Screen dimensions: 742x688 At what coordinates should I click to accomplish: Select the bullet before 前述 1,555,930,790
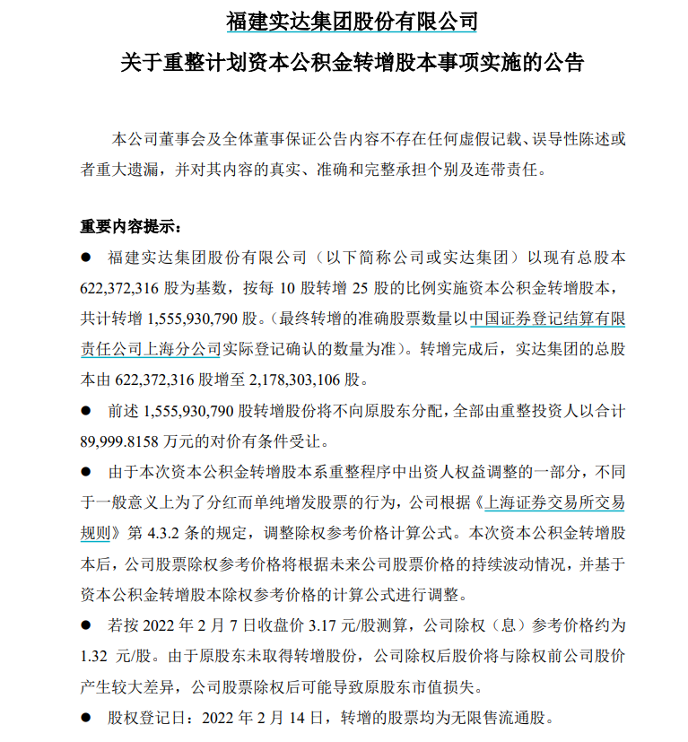point(87,409)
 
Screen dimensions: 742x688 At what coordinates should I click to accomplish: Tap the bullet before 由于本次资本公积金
point(87,471)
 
